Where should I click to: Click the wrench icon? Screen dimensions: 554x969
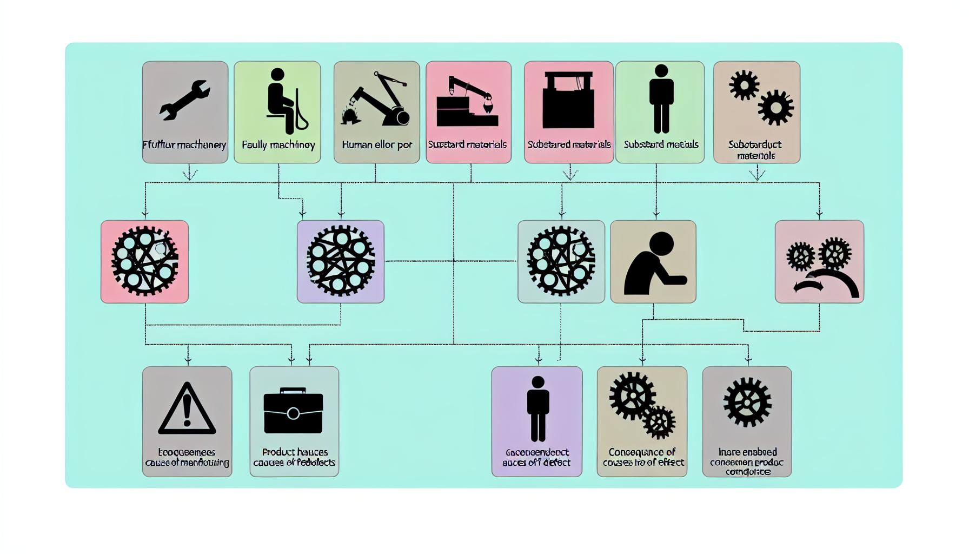184,100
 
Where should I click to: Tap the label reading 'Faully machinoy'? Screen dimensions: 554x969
278,145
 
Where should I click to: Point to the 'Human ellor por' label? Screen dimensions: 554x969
377,145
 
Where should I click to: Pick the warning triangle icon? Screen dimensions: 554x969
187,409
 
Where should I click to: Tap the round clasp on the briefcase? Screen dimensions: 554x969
293,414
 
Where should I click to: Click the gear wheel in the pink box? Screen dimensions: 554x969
144,261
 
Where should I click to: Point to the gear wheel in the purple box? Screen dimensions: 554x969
341,261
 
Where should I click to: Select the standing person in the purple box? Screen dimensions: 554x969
537,409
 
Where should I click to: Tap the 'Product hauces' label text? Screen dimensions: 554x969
295,452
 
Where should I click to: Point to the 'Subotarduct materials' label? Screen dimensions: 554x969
755,150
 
